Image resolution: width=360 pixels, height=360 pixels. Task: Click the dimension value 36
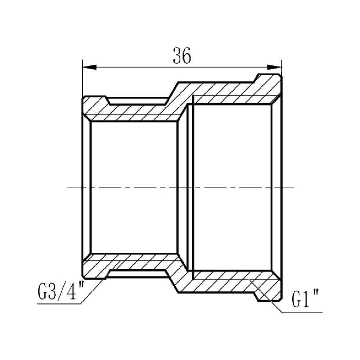click(x=181, y=56)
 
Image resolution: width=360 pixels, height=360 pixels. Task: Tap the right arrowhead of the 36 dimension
click(x=274, y=67)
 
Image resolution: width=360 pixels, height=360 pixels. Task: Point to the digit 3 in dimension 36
click(x=176, y=56)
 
